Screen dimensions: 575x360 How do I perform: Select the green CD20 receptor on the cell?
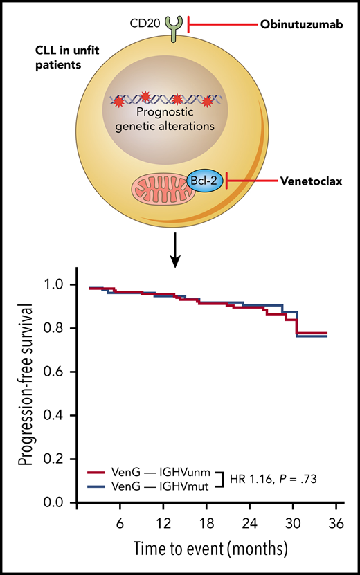click(x=170, y=26)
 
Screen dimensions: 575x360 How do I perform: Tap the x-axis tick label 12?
click(x=164, y=521)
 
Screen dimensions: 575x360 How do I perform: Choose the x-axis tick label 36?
click(x=334, y=521)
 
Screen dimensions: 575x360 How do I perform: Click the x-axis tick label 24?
click(x=249, y=521)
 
